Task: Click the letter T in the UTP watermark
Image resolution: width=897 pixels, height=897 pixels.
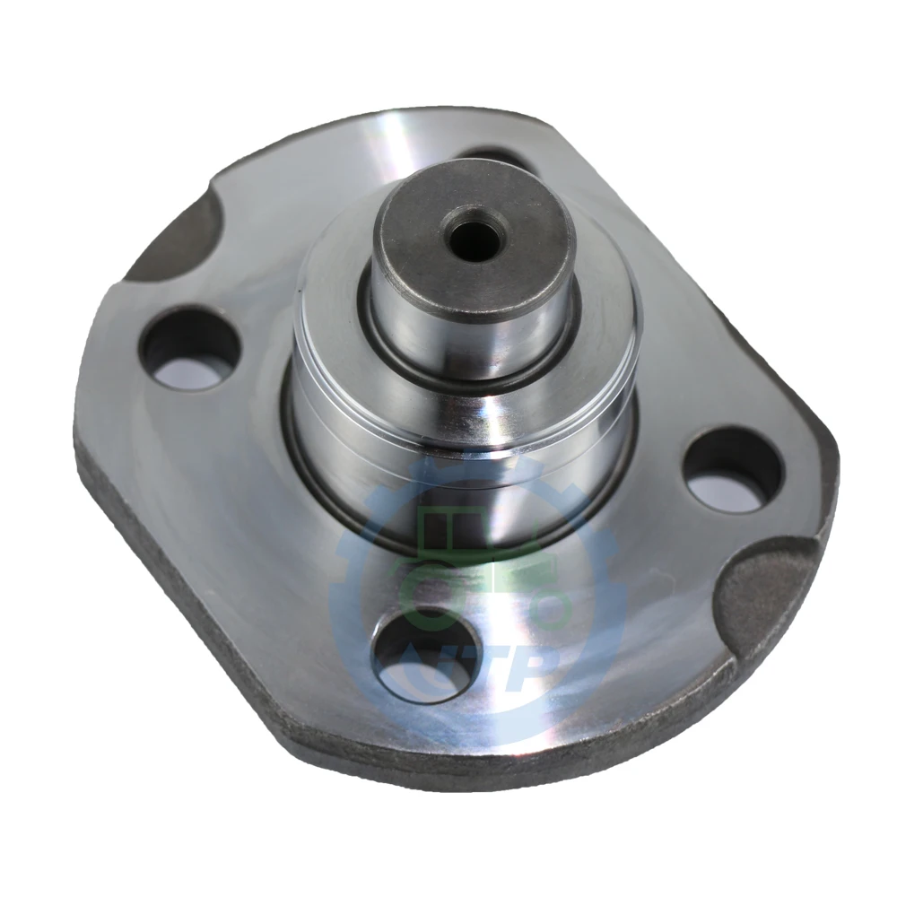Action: (x=489, y=668)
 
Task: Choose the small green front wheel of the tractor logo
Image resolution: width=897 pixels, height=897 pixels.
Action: (x=548, y=610)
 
